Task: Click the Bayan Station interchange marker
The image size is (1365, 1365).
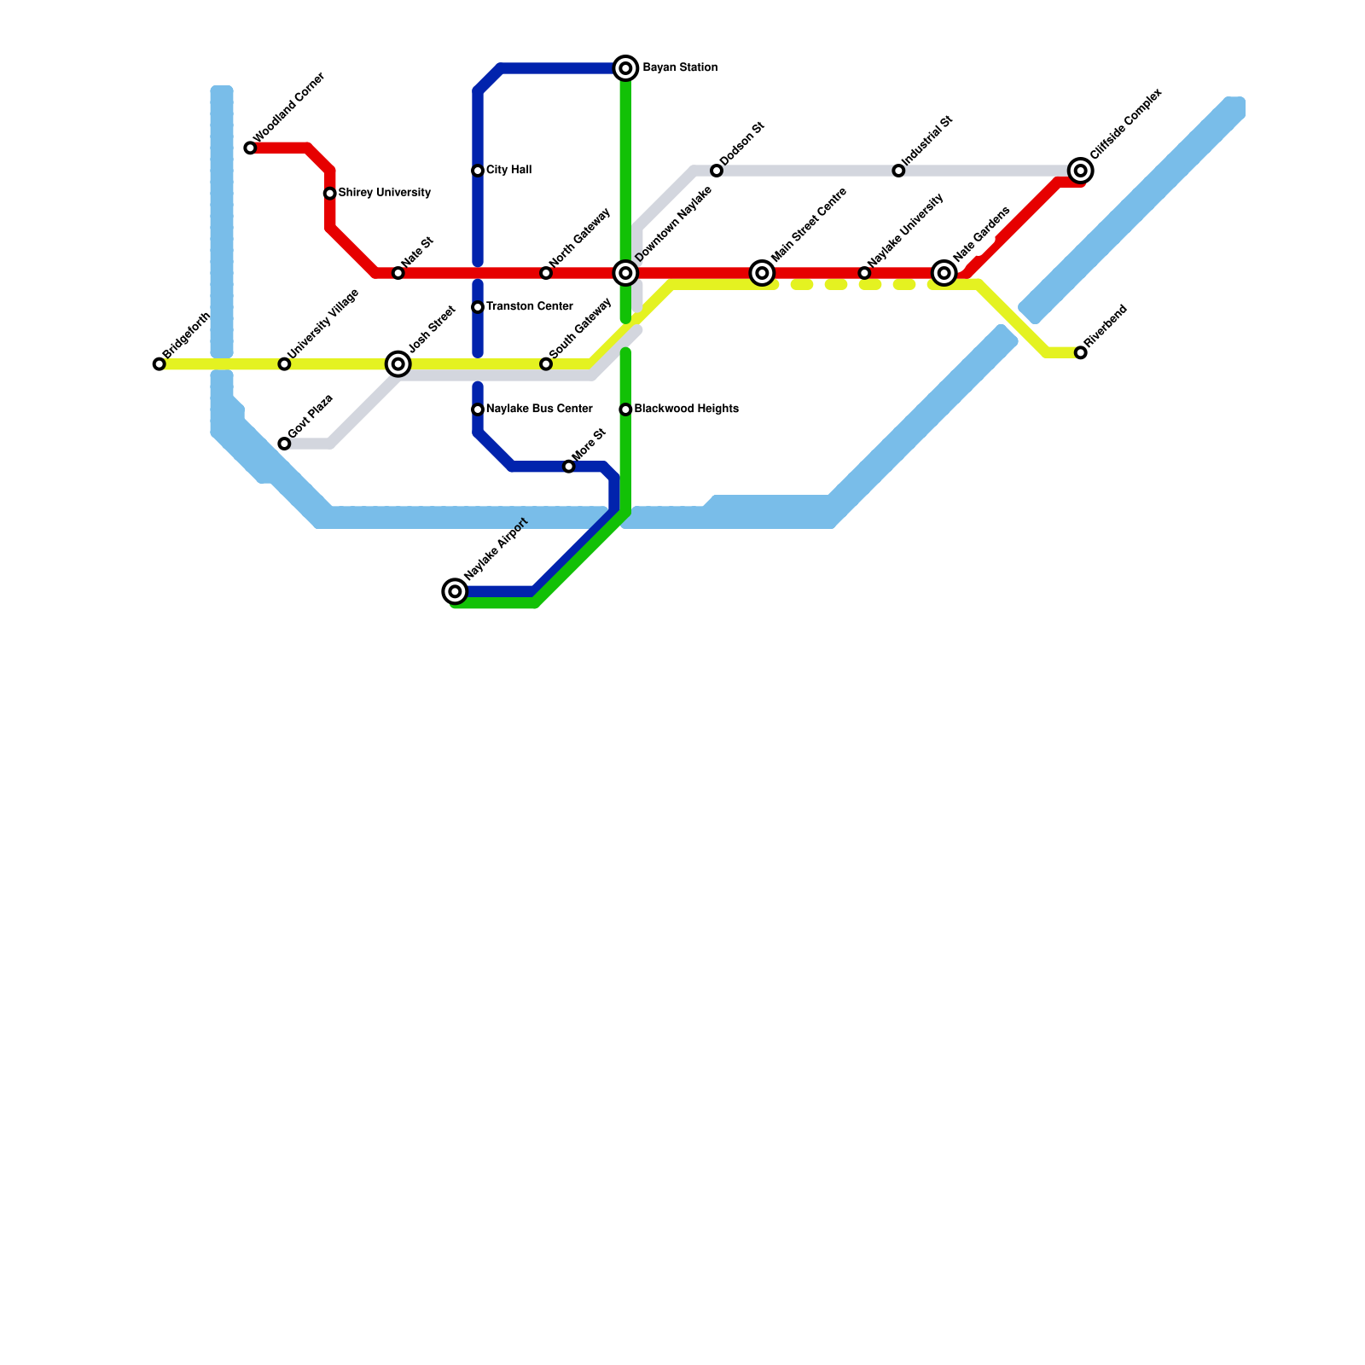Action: pos(625,68)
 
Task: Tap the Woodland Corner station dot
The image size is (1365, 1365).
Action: pos(250,148)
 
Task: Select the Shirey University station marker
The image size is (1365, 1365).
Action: pos(330,194)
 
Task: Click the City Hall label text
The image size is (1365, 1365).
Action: pos(508,171)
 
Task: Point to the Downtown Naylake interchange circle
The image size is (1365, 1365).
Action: pos(625,273)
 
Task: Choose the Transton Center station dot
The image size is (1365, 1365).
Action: pos(478,307)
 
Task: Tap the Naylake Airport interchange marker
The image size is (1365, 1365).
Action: pos(456,591)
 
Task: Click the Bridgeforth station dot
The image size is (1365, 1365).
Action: pos(160,364)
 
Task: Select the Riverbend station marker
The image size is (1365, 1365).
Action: pos(1081,352)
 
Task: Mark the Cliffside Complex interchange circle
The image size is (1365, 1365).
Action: pos(1081,171)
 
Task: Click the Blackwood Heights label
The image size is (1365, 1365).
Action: pos(686,409)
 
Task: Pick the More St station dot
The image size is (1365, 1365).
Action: pos(569,467)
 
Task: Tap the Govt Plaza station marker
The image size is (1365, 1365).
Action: pos(284,444)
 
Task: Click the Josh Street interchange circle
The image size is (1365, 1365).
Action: pos(398,364)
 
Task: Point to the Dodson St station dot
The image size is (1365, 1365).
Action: pos(717,171)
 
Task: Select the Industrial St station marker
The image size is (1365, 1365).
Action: pos(898,171)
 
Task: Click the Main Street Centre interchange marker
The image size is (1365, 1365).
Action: pos(763,273)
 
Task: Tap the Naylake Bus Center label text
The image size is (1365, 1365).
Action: pos(539,409)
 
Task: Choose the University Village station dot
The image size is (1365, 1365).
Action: pos(284,364)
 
